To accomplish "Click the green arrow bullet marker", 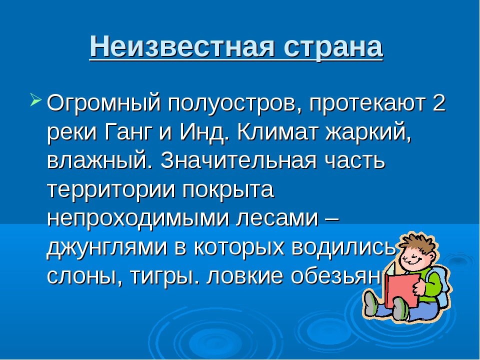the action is (x=35, y=100).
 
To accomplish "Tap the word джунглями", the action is (x=107, y=248).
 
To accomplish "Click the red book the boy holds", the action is (x=402, y=289).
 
